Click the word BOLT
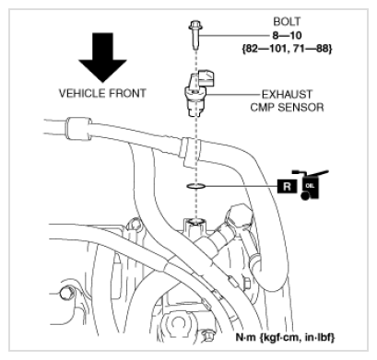coord(287,21)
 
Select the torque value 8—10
coord(287,35)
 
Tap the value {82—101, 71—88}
coord(287,49)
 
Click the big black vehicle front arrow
coord(102,57)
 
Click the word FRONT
coord(126,93)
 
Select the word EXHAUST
coord(287,94)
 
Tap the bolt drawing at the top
coord(195,35)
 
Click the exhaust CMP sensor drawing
coord(197,94)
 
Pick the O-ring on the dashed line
coord(195,186)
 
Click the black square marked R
coord(287,186)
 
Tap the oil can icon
coord(310,185)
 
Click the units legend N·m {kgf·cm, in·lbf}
coord(285,337)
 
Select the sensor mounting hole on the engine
coord(194,222)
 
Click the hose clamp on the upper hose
coord(190,152)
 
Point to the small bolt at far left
coord(65,294)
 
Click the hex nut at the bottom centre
coord(209,335)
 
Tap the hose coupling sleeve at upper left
coord(78,129)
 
